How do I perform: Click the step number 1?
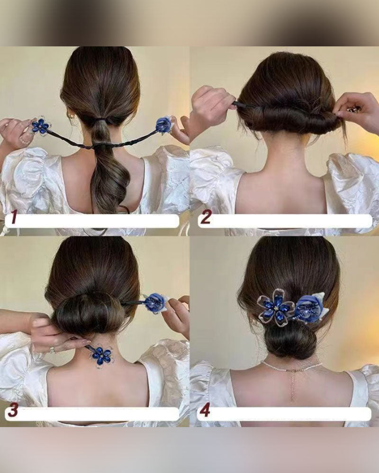pos(14,218)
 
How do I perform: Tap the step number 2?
pos(205,218)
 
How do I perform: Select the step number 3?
pos(13,410)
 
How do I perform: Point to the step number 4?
pos(205,410)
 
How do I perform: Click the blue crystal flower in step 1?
pos(41,126)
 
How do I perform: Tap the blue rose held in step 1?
pos(164,125)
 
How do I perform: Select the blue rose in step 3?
pos(155,303)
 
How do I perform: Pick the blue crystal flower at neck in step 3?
pos(101,356)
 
